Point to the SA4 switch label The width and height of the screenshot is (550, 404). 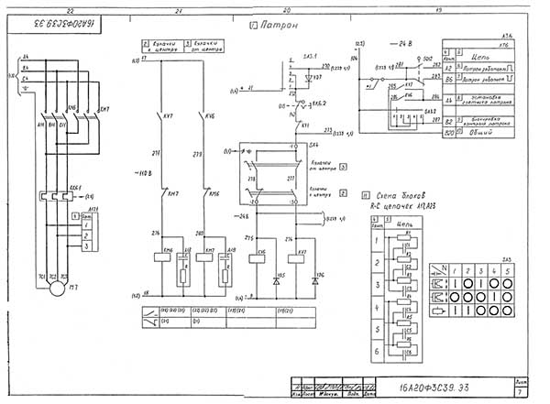[x=313, y=145]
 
